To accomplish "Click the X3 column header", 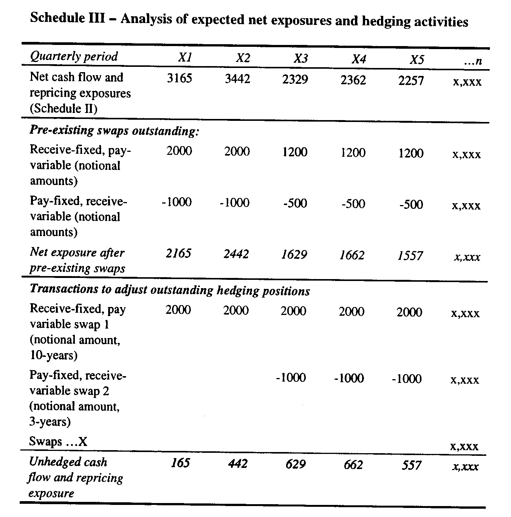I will click(x=301, y=59).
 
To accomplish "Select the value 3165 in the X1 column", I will click(x=180, y=78).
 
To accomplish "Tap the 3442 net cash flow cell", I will click(x=237, y=79).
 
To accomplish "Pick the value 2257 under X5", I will click(x=411, y=80).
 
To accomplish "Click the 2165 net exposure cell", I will click(x=178, y=253).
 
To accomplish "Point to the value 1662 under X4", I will click(x=352, y=255).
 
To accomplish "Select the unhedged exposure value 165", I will click(x=180, y=463).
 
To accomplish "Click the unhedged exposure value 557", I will click(x=411, y=465).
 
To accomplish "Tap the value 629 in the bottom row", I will click(x=295, y=464).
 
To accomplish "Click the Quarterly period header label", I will click(x=74, y=57).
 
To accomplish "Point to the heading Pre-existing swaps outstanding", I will click(x=114, y=131).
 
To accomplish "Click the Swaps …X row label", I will click(x=58, y=441).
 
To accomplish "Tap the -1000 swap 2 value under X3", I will click(x=291, y=378).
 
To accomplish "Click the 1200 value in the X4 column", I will click(x=353, y=153).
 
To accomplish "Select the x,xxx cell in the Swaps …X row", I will click(x=465, y=446).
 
